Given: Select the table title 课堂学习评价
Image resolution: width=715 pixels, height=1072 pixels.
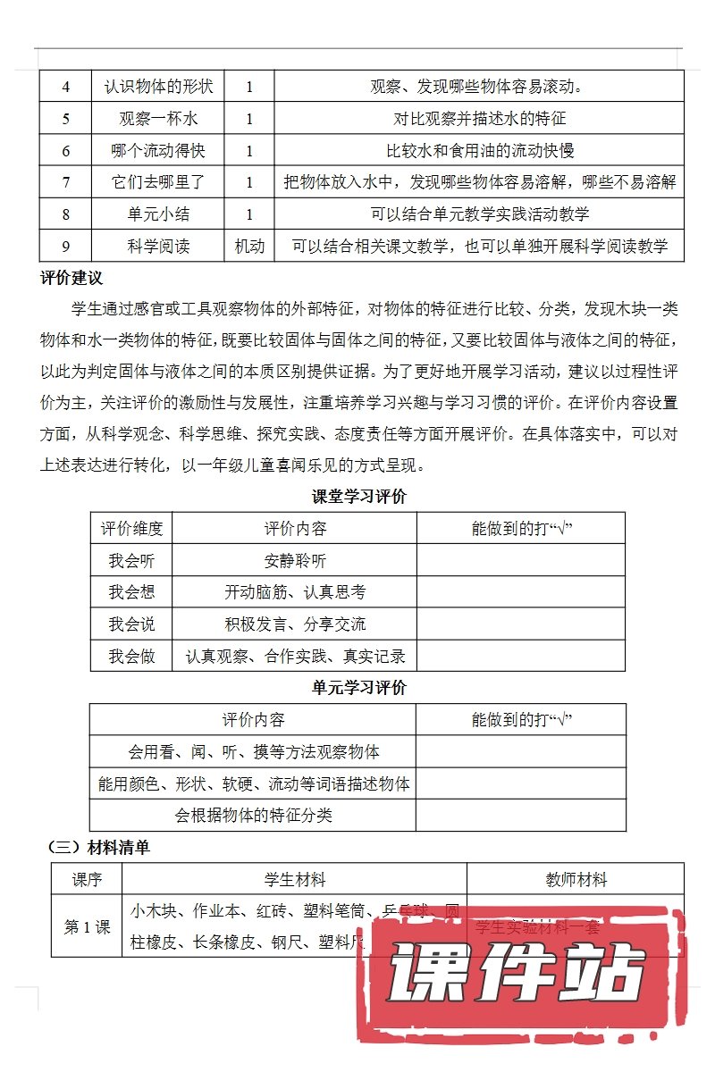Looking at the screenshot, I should coord(358,497).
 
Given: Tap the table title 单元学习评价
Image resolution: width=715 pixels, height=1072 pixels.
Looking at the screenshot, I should coord(358,688).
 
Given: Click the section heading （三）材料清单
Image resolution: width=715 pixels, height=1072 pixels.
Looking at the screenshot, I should coord(98,848).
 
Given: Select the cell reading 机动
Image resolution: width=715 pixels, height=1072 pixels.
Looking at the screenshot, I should coord(249,247).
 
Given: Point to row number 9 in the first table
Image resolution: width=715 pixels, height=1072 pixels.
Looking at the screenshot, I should coord(66,247).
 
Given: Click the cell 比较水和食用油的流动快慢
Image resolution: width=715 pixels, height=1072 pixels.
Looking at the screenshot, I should coord(479,151).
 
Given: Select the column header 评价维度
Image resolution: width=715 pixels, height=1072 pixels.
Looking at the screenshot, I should coord(131,529).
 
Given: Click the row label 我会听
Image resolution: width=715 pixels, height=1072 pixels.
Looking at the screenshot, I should coord(131,561).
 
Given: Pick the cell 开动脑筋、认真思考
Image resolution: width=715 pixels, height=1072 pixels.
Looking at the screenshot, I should coord(295,592).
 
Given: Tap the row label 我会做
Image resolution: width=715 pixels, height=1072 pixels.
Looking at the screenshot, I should coord(131,657).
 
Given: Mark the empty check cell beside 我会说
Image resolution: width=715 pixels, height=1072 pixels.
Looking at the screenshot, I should coord(521,624).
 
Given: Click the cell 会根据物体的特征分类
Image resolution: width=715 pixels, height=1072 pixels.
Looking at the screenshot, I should coord(253,816).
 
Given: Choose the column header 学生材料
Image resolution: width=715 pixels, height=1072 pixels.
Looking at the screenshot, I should coord(295,880).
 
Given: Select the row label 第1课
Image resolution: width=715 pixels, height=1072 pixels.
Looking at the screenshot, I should coord(87,927).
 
